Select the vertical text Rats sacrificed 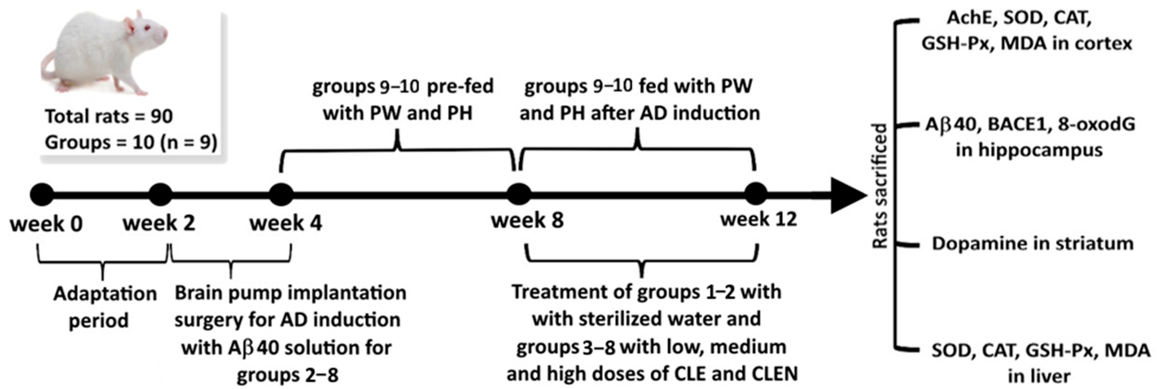click(x=880, y=185)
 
